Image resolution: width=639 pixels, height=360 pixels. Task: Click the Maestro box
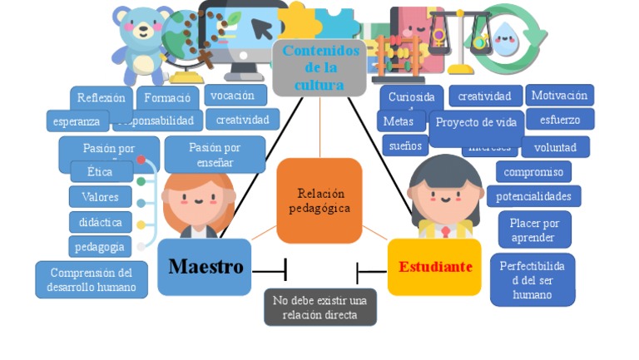point(204,267)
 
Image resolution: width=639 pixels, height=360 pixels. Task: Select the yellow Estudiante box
point(434,267)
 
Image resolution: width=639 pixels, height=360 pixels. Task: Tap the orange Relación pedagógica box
point(319,200)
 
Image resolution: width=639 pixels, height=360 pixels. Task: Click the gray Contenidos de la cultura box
point(319,67)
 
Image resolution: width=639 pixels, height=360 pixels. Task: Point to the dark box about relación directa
point(320,307)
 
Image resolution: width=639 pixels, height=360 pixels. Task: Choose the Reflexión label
point(101,98)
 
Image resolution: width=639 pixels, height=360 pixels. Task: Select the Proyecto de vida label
point(477,123)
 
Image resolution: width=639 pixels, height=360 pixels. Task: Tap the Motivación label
point(559,95)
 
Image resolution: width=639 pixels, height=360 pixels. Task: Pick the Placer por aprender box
point(534,229)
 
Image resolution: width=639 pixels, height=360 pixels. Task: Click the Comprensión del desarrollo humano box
point(92,279)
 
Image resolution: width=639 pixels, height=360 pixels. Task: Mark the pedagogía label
point(100,246)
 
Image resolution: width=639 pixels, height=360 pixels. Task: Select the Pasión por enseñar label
point(215,154)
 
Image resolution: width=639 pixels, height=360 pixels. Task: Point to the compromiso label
point(533,172)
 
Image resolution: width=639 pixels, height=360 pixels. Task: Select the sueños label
point(405,145)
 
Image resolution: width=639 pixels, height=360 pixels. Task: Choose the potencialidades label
point(533,196)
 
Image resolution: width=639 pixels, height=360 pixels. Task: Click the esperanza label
point(77,121)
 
